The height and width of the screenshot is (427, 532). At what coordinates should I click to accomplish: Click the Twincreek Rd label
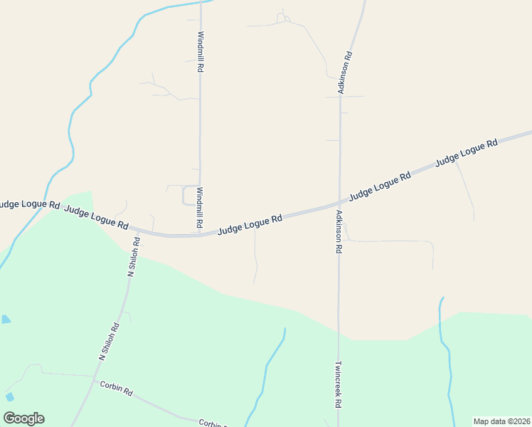(338, 383)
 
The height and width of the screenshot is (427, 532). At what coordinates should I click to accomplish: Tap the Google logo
(23, 418)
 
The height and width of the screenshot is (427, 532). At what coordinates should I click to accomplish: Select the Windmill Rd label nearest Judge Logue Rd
(200, 208)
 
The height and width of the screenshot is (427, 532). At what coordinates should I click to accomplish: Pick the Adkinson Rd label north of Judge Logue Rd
(344, 72)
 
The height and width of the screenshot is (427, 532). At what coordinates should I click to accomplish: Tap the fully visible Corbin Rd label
(117, 389)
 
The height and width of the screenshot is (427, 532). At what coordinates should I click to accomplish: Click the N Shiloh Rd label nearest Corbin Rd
(109, 342)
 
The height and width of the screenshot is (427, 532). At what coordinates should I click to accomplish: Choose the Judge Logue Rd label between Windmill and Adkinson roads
(250, 224)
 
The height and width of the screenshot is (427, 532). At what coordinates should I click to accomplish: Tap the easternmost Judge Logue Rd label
(466, 154)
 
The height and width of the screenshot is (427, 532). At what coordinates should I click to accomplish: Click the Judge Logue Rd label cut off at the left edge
(29, 204)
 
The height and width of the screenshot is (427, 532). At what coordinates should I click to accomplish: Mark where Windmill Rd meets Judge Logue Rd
(200, 233)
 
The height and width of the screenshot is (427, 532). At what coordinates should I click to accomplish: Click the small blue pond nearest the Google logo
(9, 396)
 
